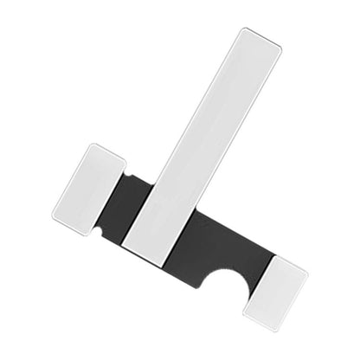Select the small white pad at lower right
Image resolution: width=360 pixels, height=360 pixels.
[x=275, y=292]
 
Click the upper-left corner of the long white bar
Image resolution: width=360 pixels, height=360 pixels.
[x=241, y=29]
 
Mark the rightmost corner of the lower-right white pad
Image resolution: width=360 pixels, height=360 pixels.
[x=308, y=275]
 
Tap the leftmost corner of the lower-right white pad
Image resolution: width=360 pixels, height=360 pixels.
[x=243, y=309]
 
